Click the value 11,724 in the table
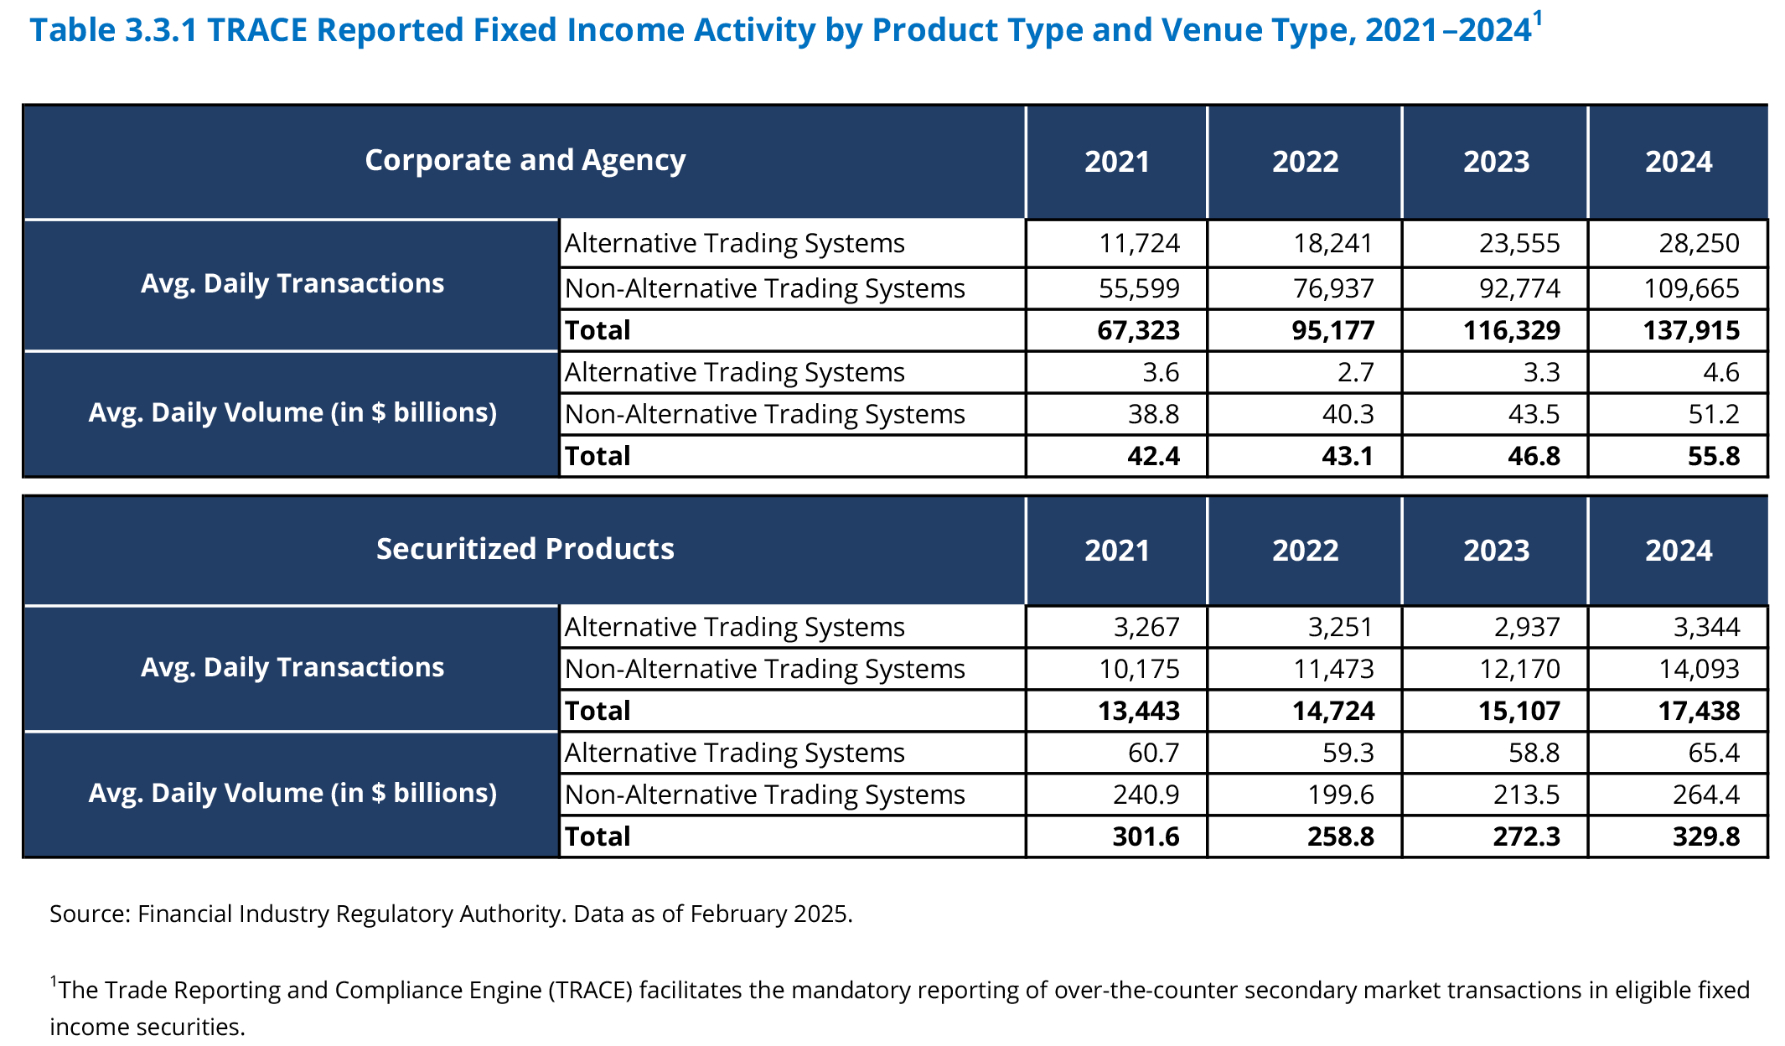1139,243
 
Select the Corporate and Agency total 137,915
1691,330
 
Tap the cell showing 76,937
1332,288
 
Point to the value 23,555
1519,243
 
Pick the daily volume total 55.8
1715,456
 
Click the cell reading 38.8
1154,414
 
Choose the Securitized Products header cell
525,549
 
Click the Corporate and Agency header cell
525,160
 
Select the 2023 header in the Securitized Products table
1496,551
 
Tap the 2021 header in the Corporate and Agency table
1117,162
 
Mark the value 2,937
1527,627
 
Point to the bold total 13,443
1139,711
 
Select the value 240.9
1146,795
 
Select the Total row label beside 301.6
598,836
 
